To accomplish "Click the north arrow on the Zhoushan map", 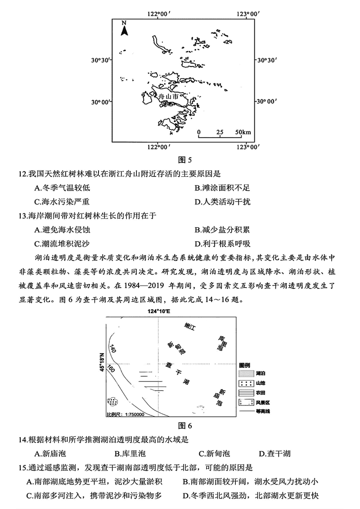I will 125,28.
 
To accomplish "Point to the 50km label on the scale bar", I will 244,132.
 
